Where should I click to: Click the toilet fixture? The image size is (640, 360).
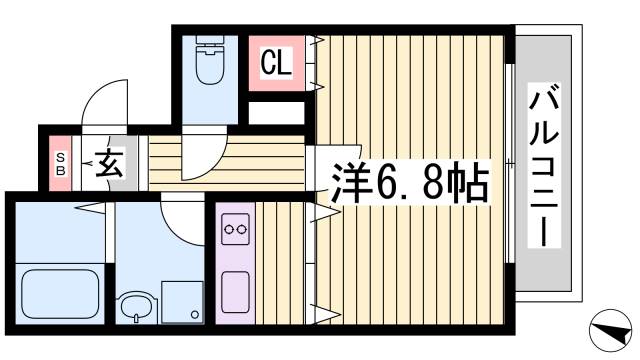pos(210,65)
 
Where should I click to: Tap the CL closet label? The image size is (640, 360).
pos(276,63)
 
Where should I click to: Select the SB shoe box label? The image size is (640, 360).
pos(61,162)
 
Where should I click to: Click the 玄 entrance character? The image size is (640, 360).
pos(109,162)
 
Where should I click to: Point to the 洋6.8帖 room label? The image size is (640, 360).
pos(410,183)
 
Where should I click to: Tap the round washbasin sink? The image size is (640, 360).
pos(133,309)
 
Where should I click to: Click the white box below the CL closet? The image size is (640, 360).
pos(277,113)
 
